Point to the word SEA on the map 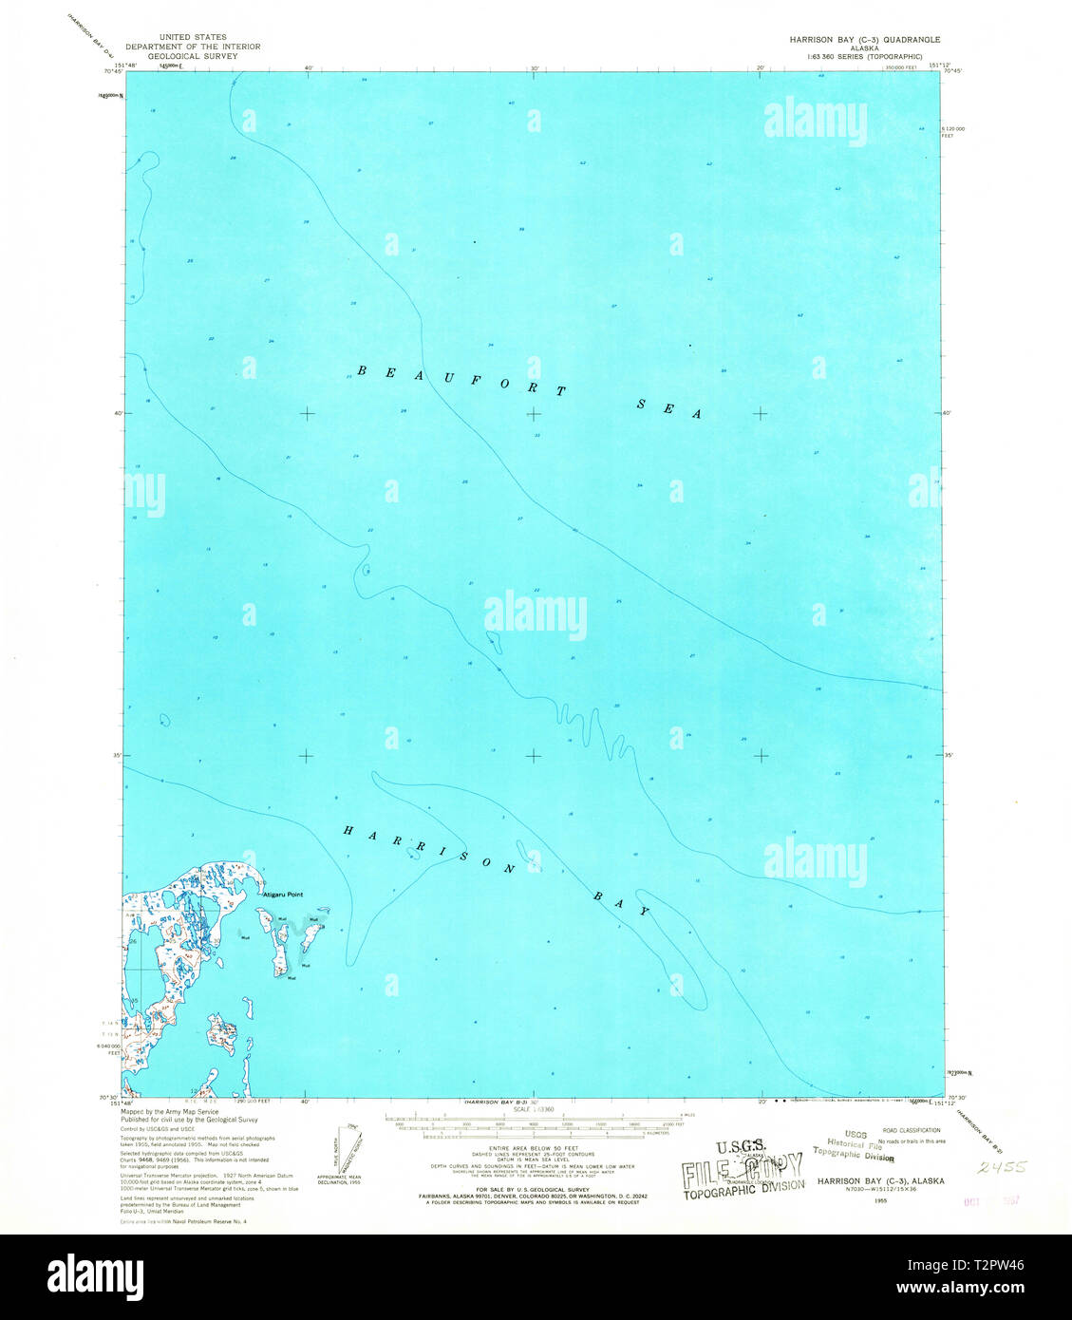(668, 408)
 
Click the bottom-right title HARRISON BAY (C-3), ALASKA (878, 1180)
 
